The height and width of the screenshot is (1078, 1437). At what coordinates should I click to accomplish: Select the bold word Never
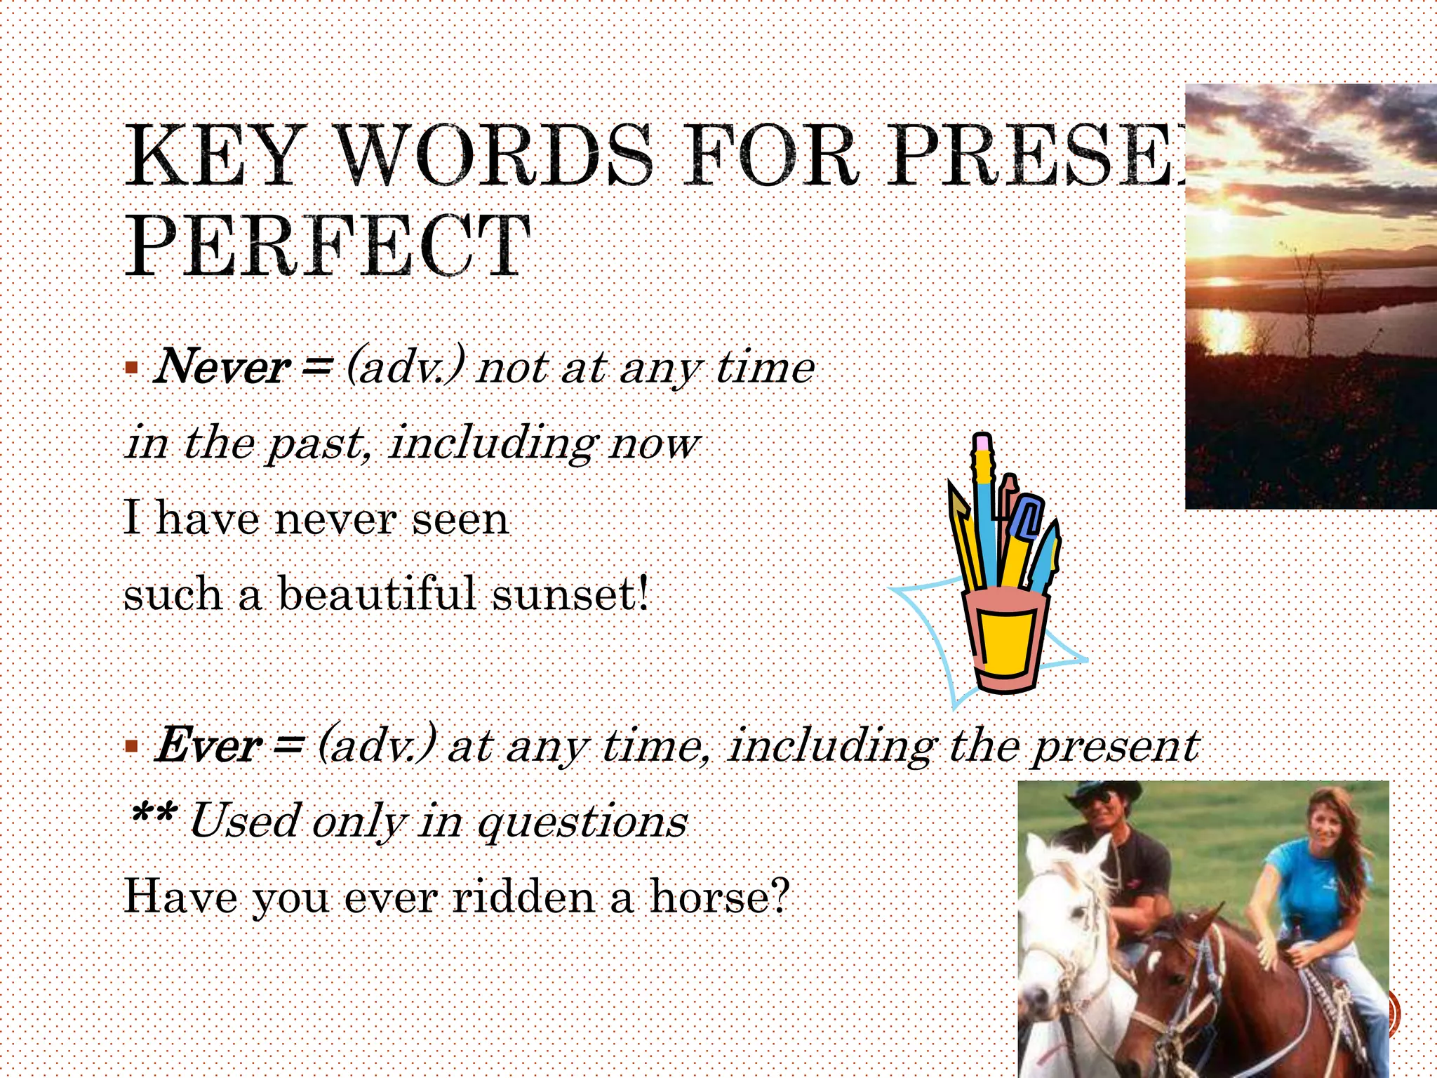pos(222,367)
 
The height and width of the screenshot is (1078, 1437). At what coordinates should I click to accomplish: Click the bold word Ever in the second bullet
pos(208,745)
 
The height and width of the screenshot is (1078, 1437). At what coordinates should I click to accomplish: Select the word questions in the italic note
pos(582,821)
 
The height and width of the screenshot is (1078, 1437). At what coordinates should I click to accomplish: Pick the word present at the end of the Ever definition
pos(1117,745)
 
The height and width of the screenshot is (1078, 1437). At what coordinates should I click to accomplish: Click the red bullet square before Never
pos(131,367)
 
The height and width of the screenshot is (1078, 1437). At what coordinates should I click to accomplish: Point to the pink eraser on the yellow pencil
pos(982,444)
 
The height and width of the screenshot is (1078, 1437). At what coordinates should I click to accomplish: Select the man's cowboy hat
pos(1102,793)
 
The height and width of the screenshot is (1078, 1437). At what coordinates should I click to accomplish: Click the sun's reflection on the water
pos(1224,330)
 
